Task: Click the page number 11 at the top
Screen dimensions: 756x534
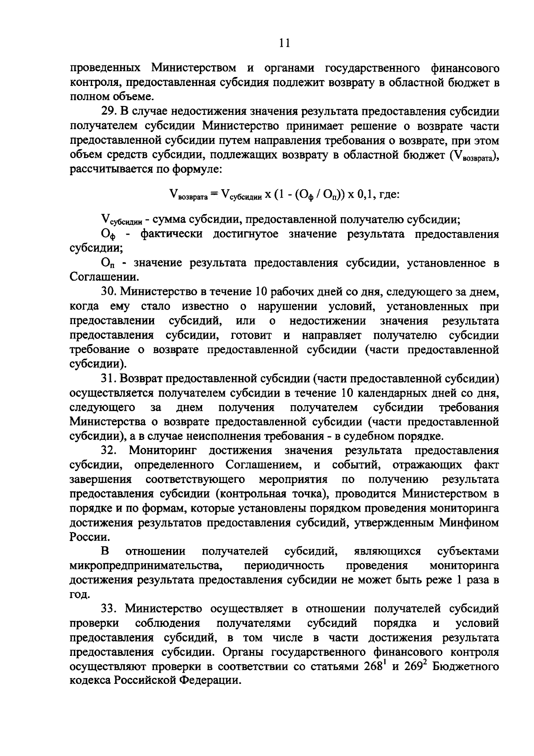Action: tap(284, 43)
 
